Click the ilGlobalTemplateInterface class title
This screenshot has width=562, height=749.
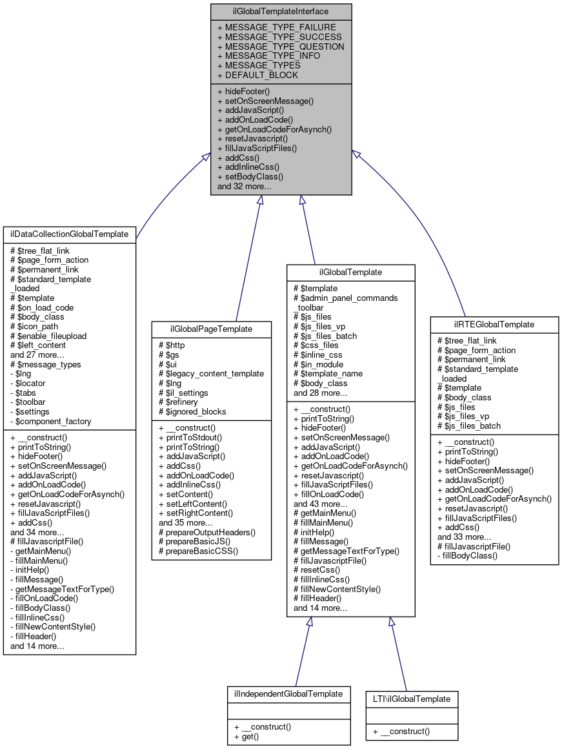coord(281,11)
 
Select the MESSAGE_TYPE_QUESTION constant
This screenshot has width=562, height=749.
coord(281,46)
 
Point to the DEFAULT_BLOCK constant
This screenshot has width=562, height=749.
coord(257,75)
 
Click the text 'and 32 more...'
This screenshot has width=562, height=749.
coord(244,186)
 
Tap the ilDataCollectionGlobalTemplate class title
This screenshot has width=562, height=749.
coord(70,234)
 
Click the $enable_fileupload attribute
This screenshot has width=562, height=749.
coord(48,336)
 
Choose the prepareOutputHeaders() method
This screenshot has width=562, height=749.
coord(207,532)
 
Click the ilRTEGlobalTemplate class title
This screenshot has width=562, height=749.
coord(494,323)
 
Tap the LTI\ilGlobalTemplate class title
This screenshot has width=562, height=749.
coord(412,699)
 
